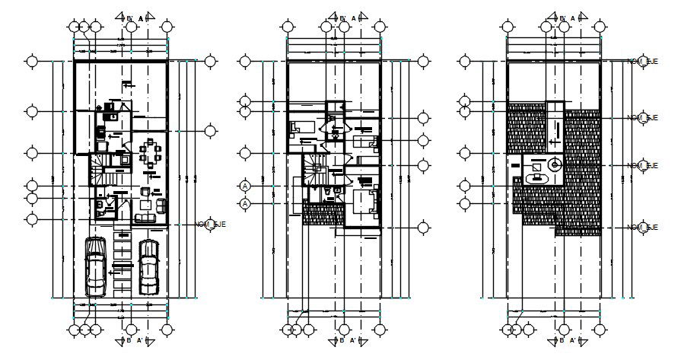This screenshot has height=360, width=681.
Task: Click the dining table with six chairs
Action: [x=151, y=153]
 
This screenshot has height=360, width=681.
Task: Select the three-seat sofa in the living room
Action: [x=145, y=218]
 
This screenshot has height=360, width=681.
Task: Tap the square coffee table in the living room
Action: [x=145, y=204]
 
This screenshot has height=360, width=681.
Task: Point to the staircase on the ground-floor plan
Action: [x=101, y=169]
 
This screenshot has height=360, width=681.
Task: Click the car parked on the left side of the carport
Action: [x=95, y=266]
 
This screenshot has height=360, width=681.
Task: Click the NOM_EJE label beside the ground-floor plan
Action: [x=212, y=225]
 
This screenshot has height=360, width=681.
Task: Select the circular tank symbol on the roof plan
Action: [x=554, y=164]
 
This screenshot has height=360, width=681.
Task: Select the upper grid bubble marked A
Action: [x=245, y=186]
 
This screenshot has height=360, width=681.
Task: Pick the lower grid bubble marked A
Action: [x=245, y=203]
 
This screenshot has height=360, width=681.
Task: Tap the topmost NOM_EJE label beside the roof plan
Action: [x=642, y=61]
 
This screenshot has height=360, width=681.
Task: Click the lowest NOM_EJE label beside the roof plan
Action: [x=642, y=227]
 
